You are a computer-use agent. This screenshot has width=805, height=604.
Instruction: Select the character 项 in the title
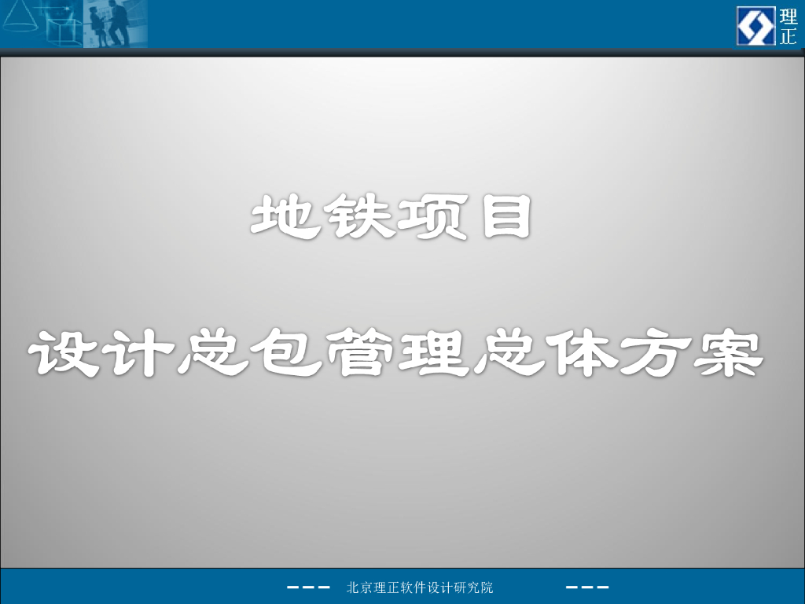click(428, 218)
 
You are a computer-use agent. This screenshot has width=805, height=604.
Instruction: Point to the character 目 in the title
click(503, 218)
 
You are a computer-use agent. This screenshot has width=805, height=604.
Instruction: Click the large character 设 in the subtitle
click(63, 354)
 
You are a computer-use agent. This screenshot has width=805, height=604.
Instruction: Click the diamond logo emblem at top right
click(755, 25)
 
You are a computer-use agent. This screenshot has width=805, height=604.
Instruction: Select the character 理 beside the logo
click(788, 17)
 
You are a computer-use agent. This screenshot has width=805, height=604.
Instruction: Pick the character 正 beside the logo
click(788, 36)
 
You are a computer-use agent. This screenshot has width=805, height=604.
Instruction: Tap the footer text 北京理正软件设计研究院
click(420, 587)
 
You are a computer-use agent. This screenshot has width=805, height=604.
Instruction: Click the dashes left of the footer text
click(307, 587)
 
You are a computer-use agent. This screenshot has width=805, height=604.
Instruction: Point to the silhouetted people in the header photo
click(110, 24)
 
